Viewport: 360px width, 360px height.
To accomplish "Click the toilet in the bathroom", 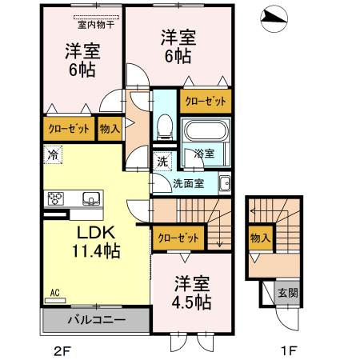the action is (165, 126).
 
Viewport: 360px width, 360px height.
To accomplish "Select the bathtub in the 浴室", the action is (206, 131).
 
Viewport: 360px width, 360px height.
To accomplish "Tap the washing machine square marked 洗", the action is (162, 162).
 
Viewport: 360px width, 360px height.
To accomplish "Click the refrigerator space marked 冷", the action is (53, 154).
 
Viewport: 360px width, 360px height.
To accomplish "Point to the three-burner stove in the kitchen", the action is (56, 198).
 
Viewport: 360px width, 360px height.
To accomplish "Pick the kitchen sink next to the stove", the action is (91, 198).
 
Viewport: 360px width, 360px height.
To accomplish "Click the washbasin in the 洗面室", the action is (225, 184).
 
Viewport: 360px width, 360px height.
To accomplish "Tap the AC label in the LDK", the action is (54, 293).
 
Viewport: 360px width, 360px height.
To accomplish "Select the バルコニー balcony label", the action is (96, 319).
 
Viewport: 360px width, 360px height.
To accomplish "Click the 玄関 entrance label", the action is (288, 293).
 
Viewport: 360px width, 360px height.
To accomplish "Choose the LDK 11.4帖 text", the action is (96, 242).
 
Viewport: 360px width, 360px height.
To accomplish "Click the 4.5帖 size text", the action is (191, 302).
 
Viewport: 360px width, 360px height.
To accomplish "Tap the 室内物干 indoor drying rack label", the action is (96, 25).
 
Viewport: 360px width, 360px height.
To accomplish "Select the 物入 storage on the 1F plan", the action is (261, 238).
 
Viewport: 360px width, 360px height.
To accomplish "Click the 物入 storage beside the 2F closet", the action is (110, 129).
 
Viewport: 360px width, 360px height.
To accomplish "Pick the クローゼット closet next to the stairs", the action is (178, 238).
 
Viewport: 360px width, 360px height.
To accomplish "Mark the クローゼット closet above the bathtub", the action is (206, 102).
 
